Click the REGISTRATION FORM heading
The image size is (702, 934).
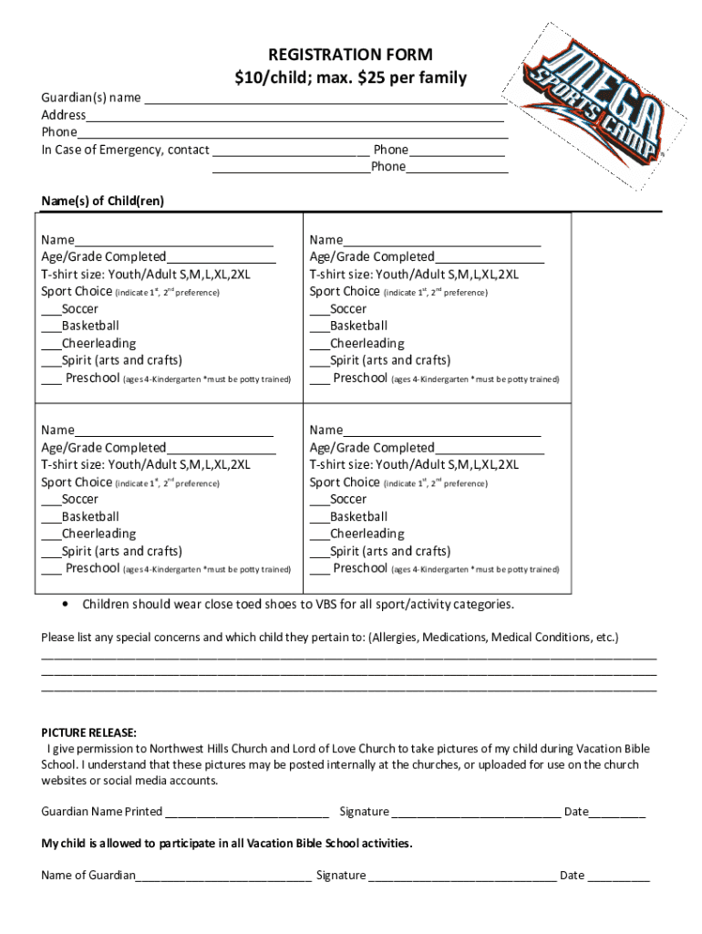350,55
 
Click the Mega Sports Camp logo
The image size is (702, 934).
594,108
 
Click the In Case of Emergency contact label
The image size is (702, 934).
125,150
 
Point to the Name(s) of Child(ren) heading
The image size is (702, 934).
102,201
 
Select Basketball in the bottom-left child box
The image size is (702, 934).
89,516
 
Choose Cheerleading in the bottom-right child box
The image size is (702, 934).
366,534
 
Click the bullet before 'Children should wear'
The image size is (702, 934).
65,604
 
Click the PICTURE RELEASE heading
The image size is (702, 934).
89,732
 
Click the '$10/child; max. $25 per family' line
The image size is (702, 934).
350,78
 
